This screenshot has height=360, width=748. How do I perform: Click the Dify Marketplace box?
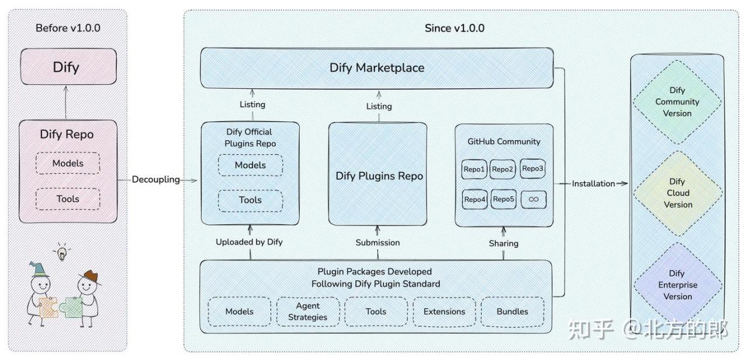pos(377,68)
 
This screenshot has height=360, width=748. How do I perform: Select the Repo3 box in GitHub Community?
pos(532,169)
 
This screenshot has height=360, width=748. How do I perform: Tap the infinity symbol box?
pos(534,199)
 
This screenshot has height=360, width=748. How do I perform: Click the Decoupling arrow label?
pos(155,179)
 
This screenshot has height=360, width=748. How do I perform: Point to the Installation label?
pos(593,184)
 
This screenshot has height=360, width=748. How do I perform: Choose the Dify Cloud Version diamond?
pos(678,193)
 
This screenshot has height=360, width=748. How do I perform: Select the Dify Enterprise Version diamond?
pos(678,285)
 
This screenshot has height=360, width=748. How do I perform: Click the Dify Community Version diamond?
pos(677,102)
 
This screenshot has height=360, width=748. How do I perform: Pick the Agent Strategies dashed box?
pos(308,311)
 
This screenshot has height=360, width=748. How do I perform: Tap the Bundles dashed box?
pos(512,311)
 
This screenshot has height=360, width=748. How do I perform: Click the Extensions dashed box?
pos(444,311)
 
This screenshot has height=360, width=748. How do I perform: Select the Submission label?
pos(378,243)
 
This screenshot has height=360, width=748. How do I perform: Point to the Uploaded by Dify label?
pos(249,242)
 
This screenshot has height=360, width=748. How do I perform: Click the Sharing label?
pos(504,244)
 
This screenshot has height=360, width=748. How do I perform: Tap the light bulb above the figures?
pos(62,252)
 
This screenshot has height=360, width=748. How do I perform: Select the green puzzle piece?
pos(71,307)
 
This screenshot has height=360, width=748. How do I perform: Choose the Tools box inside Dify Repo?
pos(68,199)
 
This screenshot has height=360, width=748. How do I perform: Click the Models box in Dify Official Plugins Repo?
pos(251,165)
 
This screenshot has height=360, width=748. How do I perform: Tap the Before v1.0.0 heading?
pos(68,28)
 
